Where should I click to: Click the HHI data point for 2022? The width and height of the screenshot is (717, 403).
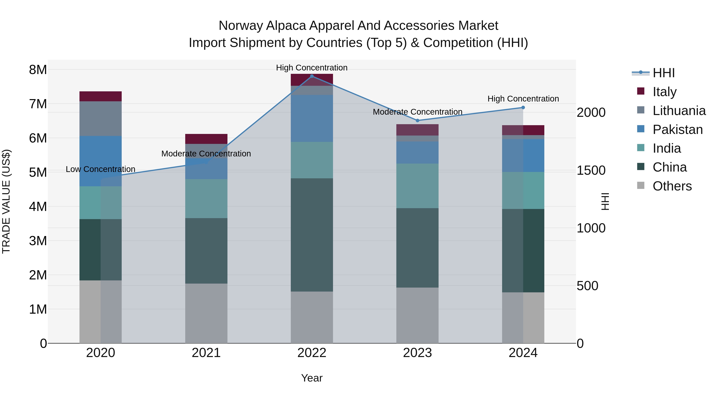coord(312,76)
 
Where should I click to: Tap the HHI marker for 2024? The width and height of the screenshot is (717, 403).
coord(523,107)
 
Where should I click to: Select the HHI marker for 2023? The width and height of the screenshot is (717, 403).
coord(417,120)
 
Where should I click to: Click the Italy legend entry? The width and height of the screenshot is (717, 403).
coord(664,92)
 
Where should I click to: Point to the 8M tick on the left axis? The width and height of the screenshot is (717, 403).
coord(38,69)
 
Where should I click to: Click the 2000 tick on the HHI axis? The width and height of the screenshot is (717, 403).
coord(591,112)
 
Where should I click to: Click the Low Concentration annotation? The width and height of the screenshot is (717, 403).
coord(101,169)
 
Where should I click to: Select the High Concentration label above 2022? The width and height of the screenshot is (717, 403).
coord(312,68)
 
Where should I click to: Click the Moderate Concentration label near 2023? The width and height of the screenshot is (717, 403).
coord(417,112)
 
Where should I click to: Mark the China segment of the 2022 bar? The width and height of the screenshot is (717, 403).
coord(312,235)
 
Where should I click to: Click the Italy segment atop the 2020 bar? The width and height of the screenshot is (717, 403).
coord(101,96)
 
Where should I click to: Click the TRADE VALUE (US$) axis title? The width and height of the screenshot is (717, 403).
coord(6,201)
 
